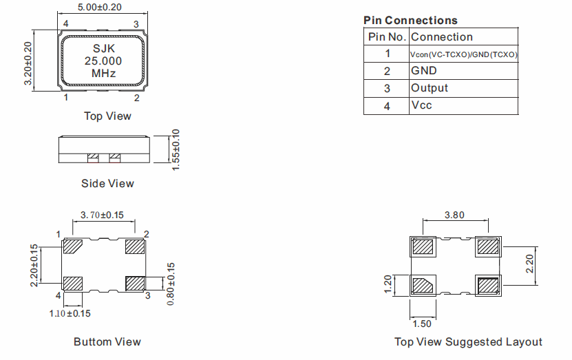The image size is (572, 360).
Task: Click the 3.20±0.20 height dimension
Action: pyautogui.click(x=28, y=63)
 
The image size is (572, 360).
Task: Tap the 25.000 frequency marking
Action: pyautogui.click(x=103, y=61)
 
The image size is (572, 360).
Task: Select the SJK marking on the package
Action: pyautogui.click(x=103, y=49)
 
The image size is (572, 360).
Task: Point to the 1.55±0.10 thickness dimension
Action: pyautogui.click(x=176, y=149)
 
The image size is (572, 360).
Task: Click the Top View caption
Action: pyautogui.click(x=107, y=116)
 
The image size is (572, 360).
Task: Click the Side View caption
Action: pyautogui.click(x=107, y=183)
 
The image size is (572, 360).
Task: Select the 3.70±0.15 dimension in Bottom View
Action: pyautogui.click(x=103, y=215)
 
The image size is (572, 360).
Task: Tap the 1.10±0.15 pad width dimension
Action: pyautogui.click(x=70, y=313)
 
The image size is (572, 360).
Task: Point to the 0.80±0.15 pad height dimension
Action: pyautogui.click(x=171, y=284)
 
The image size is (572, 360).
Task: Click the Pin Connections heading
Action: pyautogui.click(x=410, y=21)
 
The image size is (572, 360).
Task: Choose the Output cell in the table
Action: pyautogui.click(x=430, y=88)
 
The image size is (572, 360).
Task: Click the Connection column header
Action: pyautogui.click(x=442, y=37)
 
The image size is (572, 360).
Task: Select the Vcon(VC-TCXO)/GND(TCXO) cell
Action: pyautogui.click(x=463, y=54)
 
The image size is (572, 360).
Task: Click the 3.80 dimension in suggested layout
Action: pyautogui.click(x=454, y=215)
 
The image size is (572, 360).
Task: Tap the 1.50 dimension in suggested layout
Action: pyautogui.click(x=422, y=323)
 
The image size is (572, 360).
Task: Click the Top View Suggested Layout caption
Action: pyautogui.click(x=468, y=342)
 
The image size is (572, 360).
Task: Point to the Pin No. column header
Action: pyautogui.click(x=387, y=37)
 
